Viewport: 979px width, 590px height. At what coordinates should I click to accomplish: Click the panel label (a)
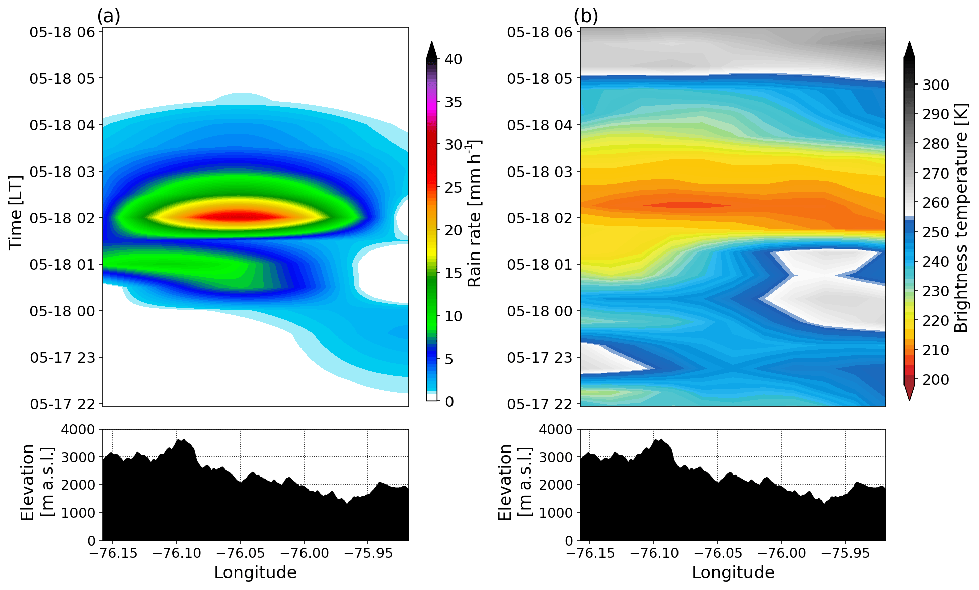coord(108,16)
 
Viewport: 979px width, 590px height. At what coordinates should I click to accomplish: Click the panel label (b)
coord(586,16)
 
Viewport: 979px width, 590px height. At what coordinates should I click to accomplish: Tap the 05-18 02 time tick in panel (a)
coord(62,218)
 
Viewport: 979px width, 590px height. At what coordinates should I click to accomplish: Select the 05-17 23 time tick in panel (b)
coord(540,358)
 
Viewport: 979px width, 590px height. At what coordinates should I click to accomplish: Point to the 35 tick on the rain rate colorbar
coord(453,102)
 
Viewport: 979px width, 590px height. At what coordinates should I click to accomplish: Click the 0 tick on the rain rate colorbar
coord(449,402)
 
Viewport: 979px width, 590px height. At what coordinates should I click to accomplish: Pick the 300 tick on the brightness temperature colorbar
coord(936,85)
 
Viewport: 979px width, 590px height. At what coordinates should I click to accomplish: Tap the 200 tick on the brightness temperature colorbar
coord(936,380)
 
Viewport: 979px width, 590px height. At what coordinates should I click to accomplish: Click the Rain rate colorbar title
coord(474,213)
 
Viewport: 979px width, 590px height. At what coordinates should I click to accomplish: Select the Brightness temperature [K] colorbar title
coord(961,218)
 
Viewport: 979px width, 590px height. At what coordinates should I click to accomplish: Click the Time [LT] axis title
coord(16,212)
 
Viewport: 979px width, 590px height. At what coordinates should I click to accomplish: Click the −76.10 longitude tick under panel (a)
coord(176,553)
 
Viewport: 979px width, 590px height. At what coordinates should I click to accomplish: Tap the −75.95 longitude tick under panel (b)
coord(845,553)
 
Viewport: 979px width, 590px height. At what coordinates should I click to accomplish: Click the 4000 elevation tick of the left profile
coord(78,430)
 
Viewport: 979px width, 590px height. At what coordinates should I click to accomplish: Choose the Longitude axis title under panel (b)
coord(733,573)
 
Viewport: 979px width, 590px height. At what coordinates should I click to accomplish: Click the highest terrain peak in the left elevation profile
coord(182,440)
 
